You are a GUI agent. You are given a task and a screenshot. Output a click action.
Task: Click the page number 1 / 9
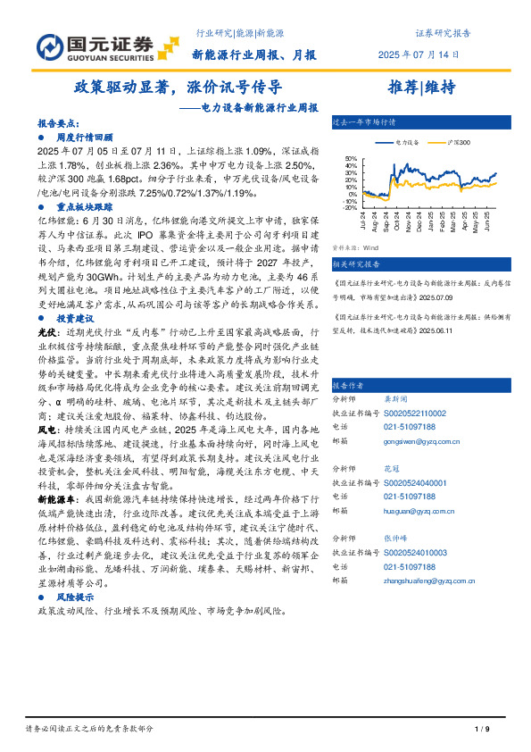(x=481, y=730)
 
